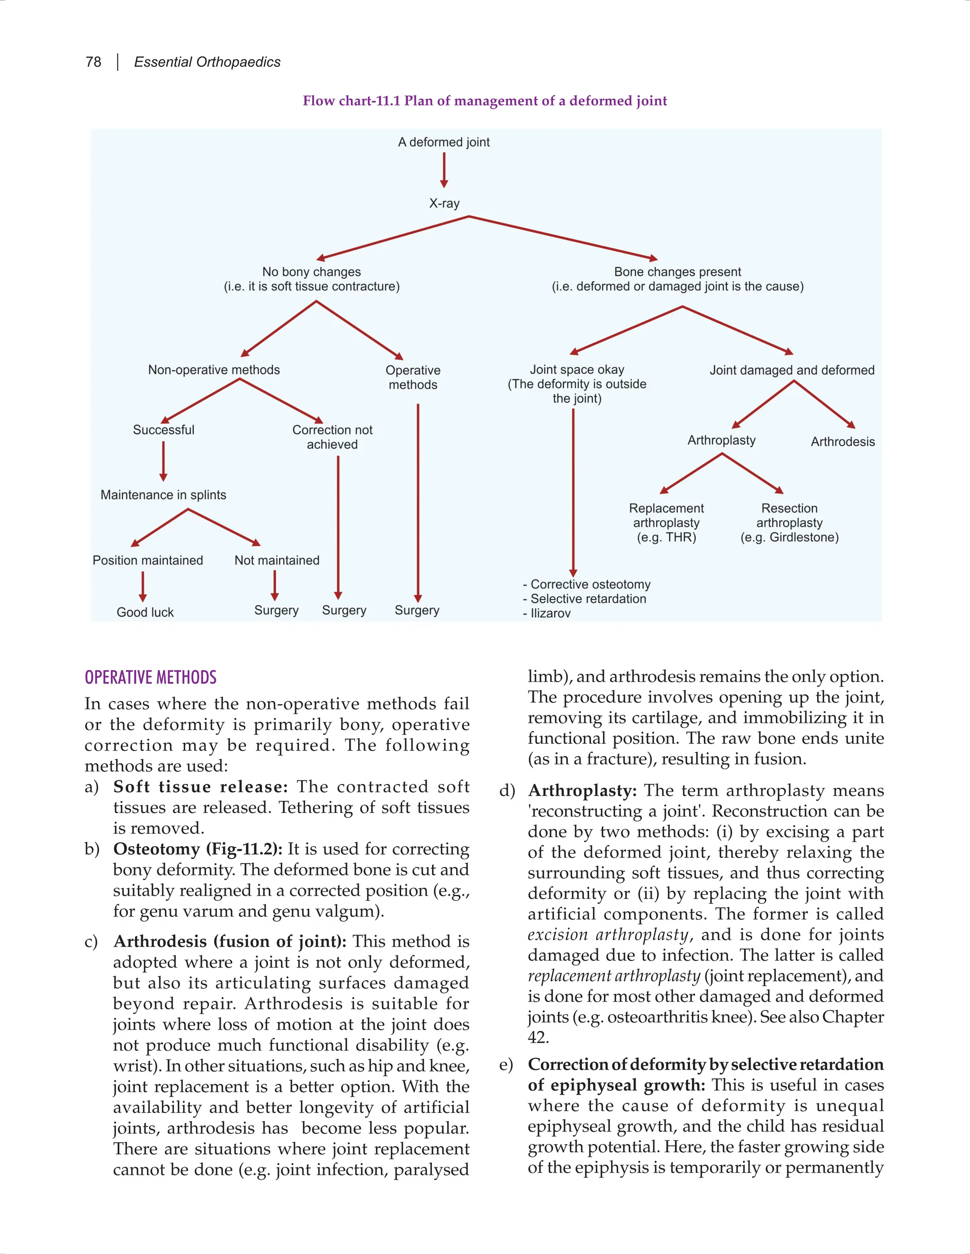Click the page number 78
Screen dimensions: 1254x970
(x=93, y=62)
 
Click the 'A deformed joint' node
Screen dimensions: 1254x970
(x=444, y=142)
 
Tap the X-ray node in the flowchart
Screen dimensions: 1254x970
(x=444, y=203)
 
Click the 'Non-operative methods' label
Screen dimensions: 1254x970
(x=214, y=370)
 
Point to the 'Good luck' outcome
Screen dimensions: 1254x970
(x=145, y=612)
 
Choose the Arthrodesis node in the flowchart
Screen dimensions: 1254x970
(x=843, y=442)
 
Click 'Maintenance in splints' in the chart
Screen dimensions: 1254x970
(x=163, y=495)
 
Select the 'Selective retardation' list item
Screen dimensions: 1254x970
(x=588, y=599)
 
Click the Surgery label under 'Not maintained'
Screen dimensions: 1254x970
(x=277, y=610)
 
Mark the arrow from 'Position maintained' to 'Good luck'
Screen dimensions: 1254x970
(x=143, y=587)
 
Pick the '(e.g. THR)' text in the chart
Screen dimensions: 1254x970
(x=666, y=538)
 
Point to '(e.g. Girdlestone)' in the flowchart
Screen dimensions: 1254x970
(x=789, y=538)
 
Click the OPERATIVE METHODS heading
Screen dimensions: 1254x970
(x=151, y=678)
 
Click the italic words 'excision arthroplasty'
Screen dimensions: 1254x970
(x=608, y=935)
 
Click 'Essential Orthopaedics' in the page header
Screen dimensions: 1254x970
(x=207, y=62)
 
